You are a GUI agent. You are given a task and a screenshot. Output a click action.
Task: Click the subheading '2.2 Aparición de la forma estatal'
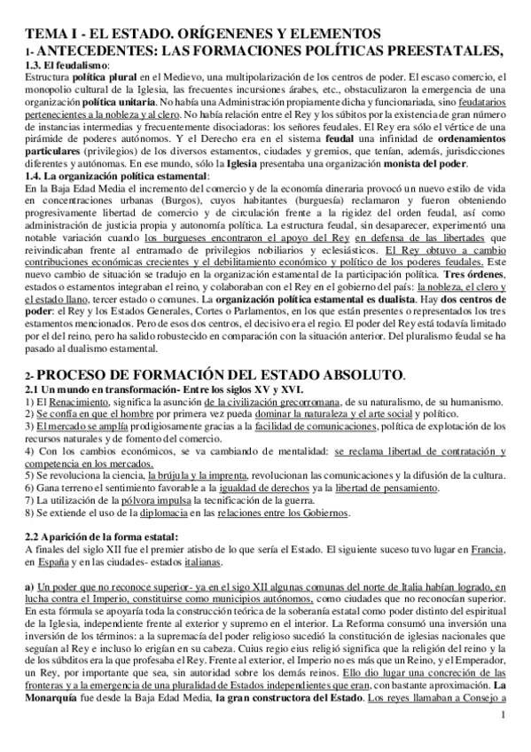pyautogui.click(x=103, y=537)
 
